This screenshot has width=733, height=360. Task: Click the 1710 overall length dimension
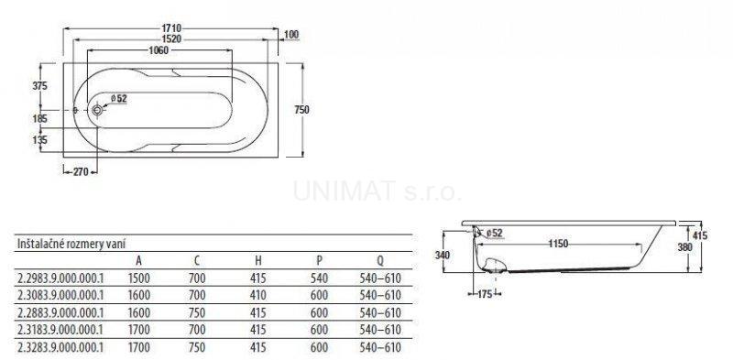click(x=171, y=28)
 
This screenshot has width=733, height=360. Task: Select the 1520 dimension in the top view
click(x=171, y=39)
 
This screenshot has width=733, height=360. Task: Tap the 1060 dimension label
click(x=159, y=50)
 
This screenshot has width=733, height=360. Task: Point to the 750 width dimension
click(x=302, y=110)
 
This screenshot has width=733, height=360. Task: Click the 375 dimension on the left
click(x=40, y=86)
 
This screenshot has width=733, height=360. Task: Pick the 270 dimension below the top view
click(x=81, y=172)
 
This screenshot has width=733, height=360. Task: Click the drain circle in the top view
click(x=97, y=110)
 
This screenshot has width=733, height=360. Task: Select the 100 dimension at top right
click(x=290, y=35)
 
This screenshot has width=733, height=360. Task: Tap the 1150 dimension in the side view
click(x=558, y=244)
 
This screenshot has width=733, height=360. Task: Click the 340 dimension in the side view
click(x=442, y=256)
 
